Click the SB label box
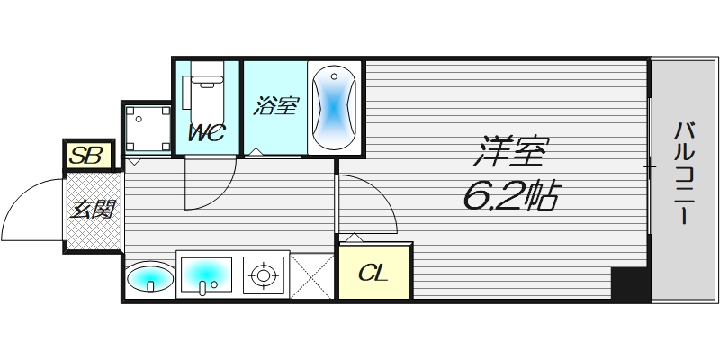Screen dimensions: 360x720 pos(87,156)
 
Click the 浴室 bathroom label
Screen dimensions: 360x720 pos(275,106)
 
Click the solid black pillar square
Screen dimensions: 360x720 pos(629,284)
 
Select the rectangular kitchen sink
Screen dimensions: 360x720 pos(206,274)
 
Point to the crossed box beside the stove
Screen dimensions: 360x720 pos(312,274)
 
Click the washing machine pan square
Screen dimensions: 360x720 pos(146,127)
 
